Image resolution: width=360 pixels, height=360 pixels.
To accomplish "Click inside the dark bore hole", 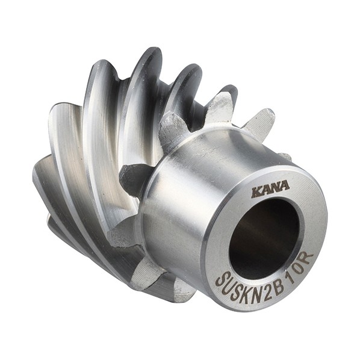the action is tap(264, 239).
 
